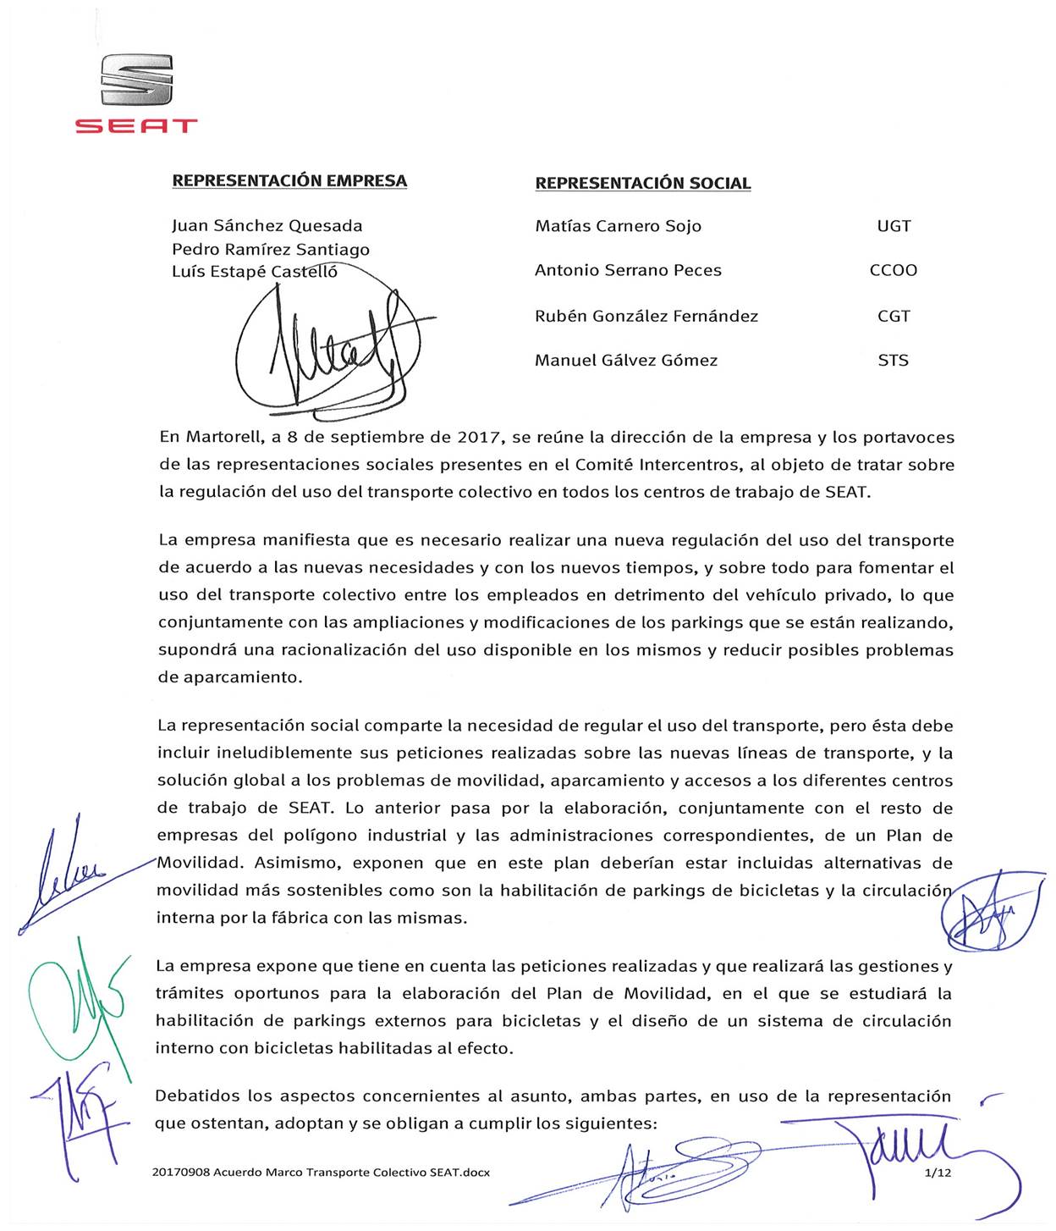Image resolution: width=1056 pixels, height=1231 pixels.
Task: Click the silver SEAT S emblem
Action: (136, 80)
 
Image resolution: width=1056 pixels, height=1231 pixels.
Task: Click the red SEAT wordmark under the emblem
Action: (136, 126)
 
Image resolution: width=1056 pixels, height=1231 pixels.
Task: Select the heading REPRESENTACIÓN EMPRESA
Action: (289, 180)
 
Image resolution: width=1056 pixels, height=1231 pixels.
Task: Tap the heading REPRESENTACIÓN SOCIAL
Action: (643, 183)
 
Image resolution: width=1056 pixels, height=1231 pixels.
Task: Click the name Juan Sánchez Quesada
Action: (267, 226)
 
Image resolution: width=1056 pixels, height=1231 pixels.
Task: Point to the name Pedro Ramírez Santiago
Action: (270, 250)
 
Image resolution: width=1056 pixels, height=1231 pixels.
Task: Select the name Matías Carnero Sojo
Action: (618, 226)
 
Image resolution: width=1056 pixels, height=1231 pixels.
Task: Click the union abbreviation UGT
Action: (894, 226)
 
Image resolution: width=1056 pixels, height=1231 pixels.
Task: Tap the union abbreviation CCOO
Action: (894, 270)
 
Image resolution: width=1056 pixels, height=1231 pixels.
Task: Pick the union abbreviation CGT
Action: (894, 316)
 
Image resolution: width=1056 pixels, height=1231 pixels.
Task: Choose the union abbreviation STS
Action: (894, 361)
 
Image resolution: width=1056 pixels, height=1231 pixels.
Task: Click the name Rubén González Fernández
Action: (646, 316)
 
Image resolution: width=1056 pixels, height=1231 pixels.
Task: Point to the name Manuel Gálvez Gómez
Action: (626, 361)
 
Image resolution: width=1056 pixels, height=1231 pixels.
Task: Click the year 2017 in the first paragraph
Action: (478, 438)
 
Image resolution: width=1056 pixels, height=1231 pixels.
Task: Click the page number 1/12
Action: (938, 1173)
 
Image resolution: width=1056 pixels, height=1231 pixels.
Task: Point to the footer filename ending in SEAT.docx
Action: (321, 1173)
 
